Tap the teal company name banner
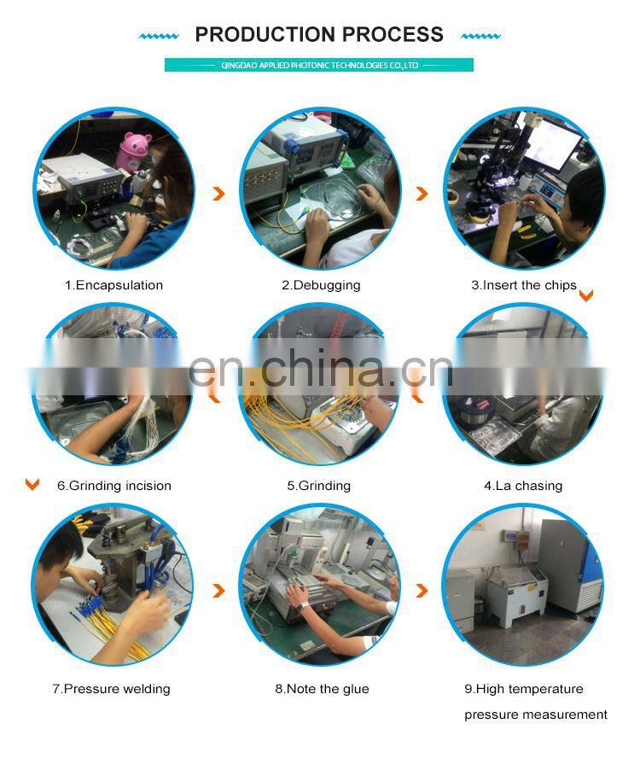pos(319,65)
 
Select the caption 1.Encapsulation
pos(113,285)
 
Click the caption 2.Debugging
pos(321,286)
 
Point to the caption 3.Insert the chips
pos(524,285)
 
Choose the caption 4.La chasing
pos(523,487)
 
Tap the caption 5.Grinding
pos(319,487)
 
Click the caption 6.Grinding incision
pos(114,487)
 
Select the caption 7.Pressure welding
pos(112,689)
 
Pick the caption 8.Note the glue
pos(322,689)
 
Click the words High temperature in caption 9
pos(530,690)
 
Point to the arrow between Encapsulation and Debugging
pos(219,194)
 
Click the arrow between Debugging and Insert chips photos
pos(422,194)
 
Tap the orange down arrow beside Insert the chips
pos(586,295)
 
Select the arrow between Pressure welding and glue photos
pos(219,591)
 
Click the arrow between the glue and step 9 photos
pos(422,591)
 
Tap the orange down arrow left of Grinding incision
pos(32,485)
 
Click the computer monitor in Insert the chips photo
pos(552,143)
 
